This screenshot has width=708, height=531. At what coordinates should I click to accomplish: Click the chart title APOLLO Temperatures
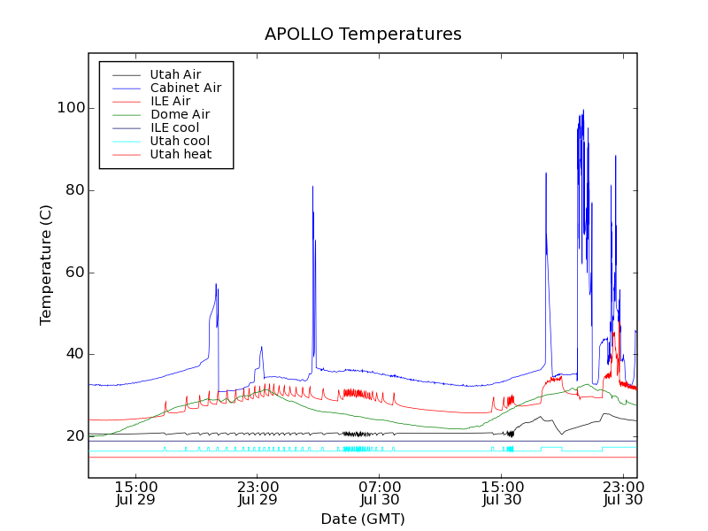coord(363,35)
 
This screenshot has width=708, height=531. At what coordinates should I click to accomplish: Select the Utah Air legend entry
coord(175,74)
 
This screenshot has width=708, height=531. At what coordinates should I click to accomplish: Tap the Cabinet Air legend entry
coord(185,88)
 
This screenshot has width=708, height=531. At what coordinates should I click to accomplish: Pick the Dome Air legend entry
coord(180,114)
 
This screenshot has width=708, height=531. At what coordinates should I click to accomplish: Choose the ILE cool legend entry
coord(174,127)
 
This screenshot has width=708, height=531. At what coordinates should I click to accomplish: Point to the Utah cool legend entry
coord(180,141)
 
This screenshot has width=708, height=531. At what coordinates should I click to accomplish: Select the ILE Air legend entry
coord(170,101)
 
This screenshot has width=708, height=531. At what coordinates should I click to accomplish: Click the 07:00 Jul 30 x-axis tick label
coord(380,494)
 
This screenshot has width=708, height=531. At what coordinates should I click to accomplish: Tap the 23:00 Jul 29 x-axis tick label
coord(258,494)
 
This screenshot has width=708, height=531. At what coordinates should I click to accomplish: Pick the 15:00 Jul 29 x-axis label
coord(135,494)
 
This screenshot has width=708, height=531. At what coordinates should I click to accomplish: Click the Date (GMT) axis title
coord(363,519)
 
